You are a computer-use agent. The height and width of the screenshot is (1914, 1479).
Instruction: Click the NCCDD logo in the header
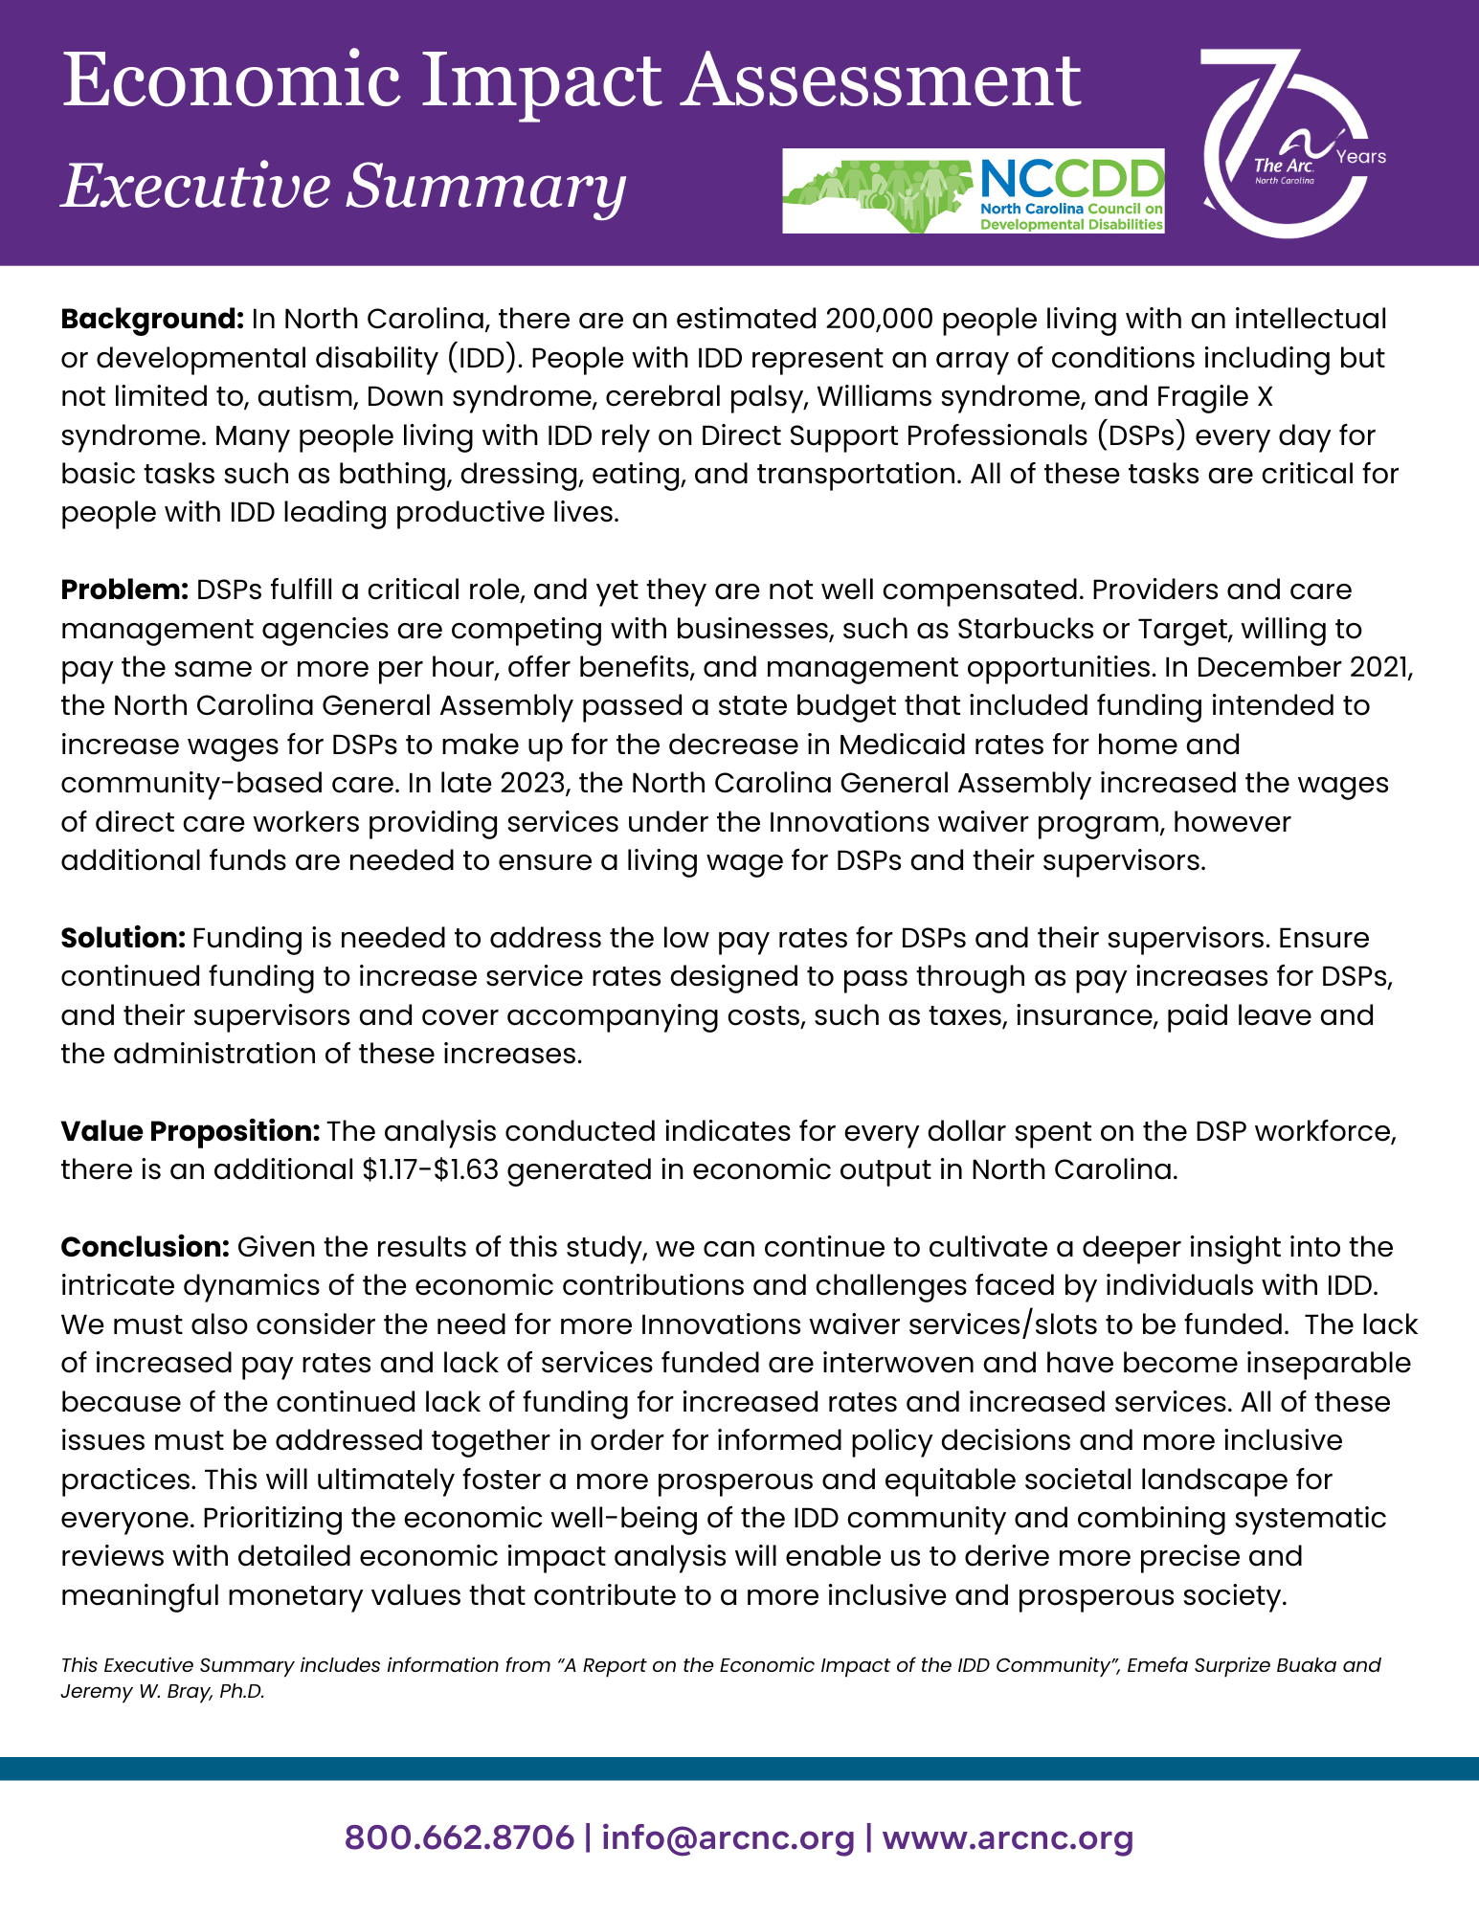click(x=973, y=190)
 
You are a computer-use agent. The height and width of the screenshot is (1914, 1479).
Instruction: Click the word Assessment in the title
click(x=881, y=81)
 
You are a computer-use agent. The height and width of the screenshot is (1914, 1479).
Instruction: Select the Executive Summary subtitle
click(x=344, y=186)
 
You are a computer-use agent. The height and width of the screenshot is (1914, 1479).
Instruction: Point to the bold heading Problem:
click(x=124, y=590)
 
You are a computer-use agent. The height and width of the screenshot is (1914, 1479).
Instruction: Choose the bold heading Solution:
click(x=123, y=938)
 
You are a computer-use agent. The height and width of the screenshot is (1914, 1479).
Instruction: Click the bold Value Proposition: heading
click(x=190, y=1131)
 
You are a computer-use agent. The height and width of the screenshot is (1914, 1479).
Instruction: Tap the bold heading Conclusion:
click(x=145, y=1247)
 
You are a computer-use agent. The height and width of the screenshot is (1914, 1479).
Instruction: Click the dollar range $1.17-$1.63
click(x=431, y=1170)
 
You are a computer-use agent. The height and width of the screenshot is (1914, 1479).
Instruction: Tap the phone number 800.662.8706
click(x=459, y=1838)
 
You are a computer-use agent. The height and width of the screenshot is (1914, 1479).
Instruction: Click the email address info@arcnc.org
click(x=728, y=1838)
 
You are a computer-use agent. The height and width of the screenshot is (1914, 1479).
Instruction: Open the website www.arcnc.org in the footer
click(x=1008, y=1838)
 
